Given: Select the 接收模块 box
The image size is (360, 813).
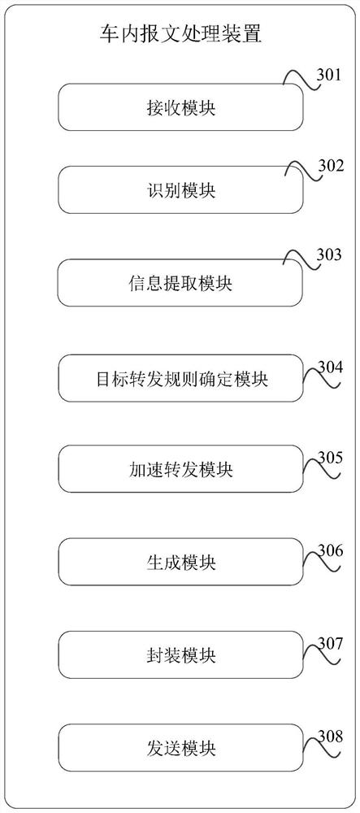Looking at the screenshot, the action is (180, 107).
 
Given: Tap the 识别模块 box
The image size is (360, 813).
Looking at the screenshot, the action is (180, 189).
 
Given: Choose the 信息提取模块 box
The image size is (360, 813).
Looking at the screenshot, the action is (180, 283).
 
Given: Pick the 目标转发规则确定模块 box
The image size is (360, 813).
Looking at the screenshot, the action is (180, 378).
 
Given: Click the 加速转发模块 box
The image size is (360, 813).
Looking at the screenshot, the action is (180, 469).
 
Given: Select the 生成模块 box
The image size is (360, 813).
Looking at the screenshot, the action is (180, 562).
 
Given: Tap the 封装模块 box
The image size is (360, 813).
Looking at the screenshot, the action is (180, 654).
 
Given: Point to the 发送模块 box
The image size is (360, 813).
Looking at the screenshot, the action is (180, 747).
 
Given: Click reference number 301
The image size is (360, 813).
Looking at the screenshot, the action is (329, 75).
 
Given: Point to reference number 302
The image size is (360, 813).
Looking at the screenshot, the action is (329, 165).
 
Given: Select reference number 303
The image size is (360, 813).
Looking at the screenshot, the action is (329, 254).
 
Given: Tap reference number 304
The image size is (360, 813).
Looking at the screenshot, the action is (330, 367).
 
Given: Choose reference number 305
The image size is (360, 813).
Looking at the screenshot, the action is (330, 458).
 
